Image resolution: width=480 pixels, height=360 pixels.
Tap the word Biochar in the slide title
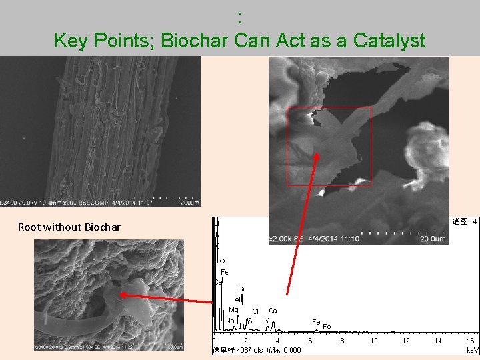[x=197, y=41]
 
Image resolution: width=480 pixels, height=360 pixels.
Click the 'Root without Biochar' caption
[x=69, y=227]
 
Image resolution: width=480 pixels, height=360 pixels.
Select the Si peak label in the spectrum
[x=241, y=288]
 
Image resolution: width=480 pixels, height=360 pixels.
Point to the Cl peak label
[x=255, y=311]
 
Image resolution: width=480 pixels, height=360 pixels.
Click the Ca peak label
[x=273, y=311]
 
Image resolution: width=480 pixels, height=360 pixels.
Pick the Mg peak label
[x=233, y=309]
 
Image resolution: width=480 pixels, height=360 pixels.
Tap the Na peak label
[x=230, y=321]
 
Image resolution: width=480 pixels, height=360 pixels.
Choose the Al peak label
[x=237, y=299]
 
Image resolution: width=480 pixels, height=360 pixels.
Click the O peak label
[x=222, y=261]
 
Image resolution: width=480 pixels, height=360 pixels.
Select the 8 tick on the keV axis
[x=342, y=341]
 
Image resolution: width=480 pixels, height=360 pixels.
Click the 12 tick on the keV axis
[x=406, y=341]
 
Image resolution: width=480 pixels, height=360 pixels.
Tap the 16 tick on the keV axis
[x=470, y=341]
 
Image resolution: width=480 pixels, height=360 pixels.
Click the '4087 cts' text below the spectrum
[x=249, y=350]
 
